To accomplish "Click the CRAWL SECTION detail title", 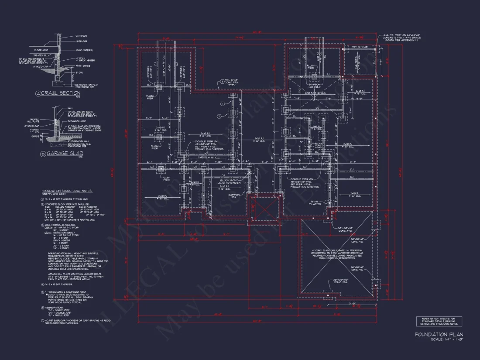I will (x=60, y=93).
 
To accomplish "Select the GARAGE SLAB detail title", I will (x=62, y=154).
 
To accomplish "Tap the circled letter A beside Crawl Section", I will (x=38, y=93).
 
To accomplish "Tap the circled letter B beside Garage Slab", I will (x=43, y=154).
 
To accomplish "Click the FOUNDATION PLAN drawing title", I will (x=439, y=335).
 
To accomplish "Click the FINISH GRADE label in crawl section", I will (x=83, y=66).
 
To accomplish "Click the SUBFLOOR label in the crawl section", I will (x=82, y=41).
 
